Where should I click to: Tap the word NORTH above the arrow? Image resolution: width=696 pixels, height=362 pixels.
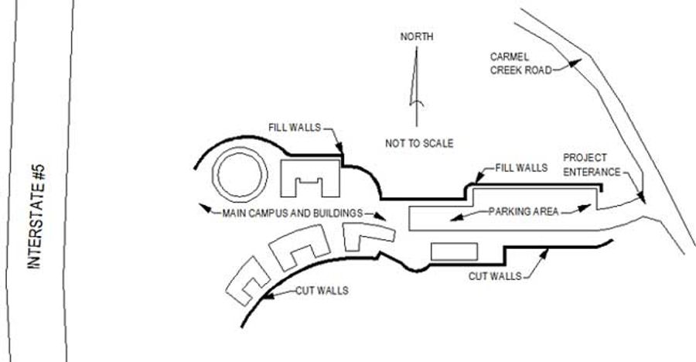pos(417,36)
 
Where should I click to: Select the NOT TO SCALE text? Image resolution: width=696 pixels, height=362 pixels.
pos(419,143)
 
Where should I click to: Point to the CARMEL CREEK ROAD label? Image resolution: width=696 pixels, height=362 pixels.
pos(520,63)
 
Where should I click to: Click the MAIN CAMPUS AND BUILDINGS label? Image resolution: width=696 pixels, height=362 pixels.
pos(292,212)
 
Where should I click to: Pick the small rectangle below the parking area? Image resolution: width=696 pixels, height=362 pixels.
pos(455,252)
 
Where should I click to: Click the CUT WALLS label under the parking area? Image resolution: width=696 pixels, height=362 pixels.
pos(494,275)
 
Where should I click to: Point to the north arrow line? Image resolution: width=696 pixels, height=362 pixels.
pos(416,85)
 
